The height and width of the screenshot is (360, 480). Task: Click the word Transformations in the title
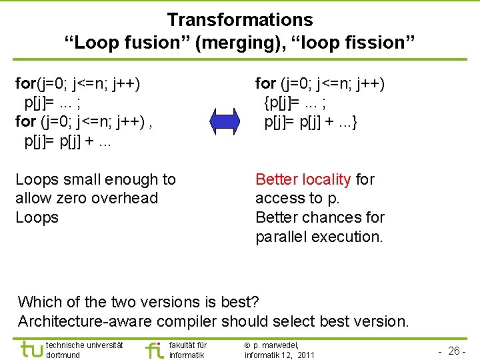[x=239, y=20]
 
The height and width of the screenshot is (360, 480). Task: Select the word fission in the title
[x=379, y=43]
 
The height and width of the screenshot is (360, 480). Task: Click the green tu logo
[x=31, y=349]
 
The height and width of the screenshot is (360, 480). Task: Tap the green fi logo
[x=154, y=349]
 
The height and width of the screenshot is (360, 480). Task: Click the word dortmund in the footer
[x=64, y=355]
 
